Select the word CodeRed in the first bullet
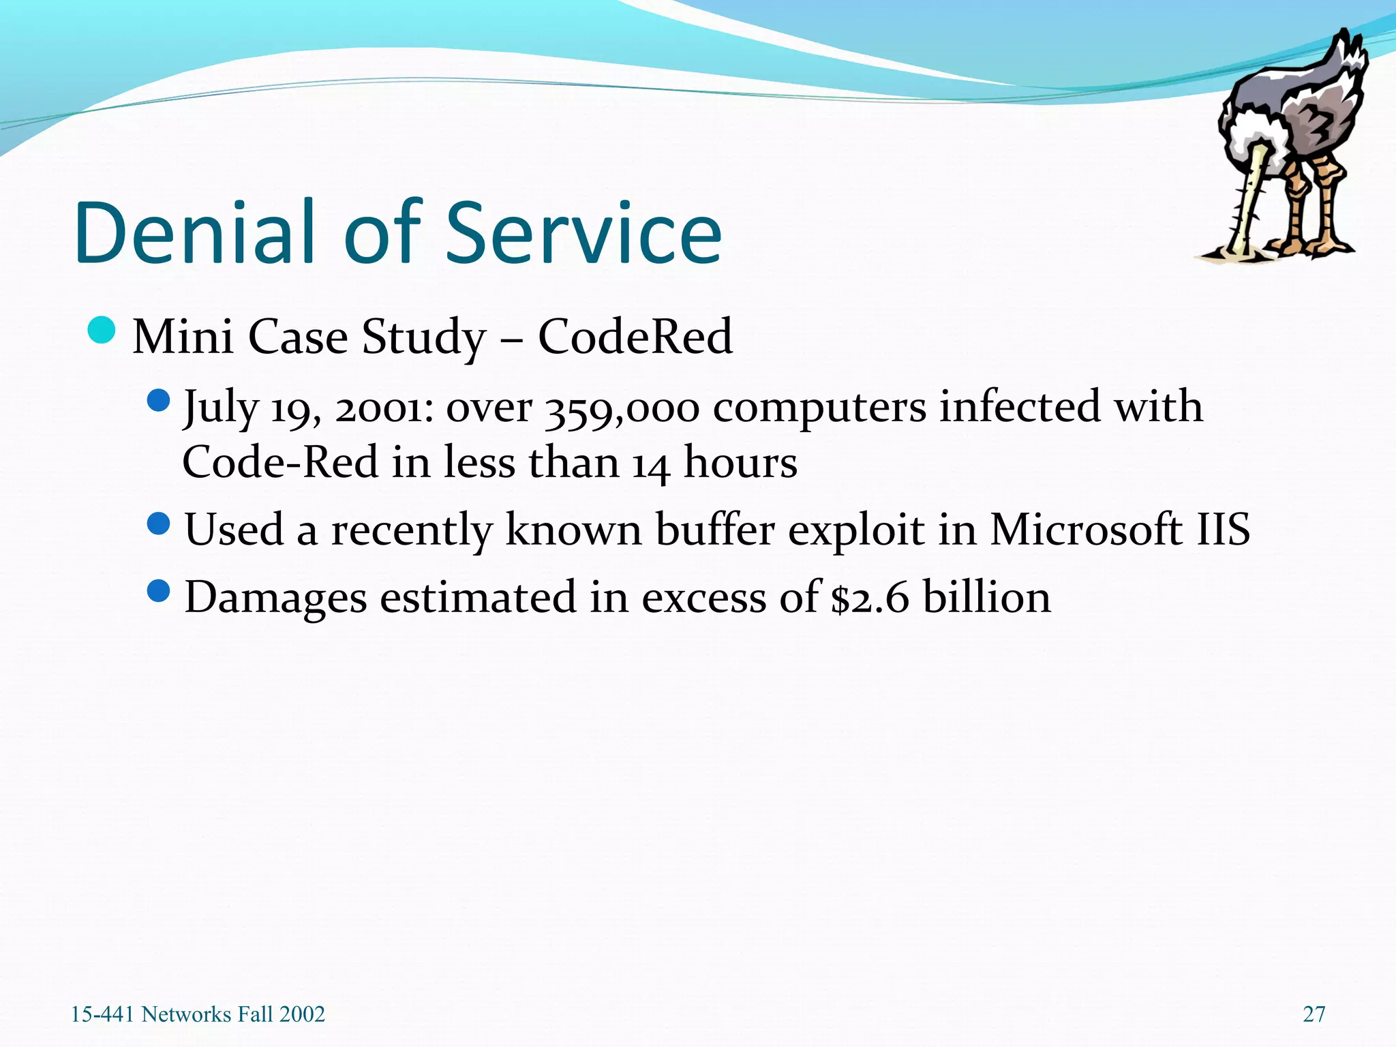(x=635, y=337)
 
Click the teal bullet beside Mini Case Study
(x=102, y=331)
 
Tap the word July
(x=220, y=408)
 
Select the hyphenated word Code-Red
(x=279, y=463)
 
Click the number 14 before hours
(x=651, y=464)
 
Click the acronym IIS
(x=1223, y=530)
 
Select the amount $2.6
(x=870, y=598)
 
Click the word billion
(x=986, y=597)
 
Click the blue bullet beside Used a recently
(x=158, y=523)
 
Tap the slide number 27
(x=1314, y=1014)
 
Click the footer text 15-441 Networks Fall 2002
(x=198, y=1014)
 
